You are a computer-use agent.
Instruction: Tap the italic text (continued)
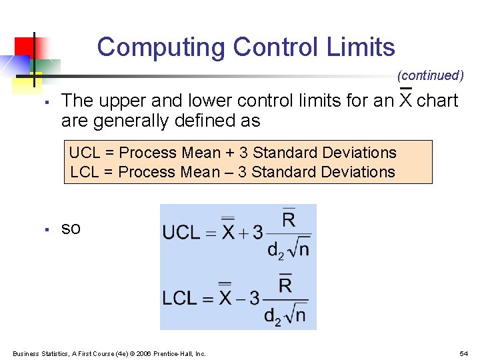(x=430, y=75)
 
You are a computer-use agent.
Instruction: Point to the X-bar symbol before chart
(x=405, y=100)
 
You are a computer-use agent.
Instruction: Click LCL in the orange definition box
(x=84, y=172)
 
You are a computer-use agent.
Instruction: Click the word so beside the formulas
(x=71, y=229)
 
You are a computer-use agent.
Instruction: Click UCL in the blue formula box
(x=181, y=233)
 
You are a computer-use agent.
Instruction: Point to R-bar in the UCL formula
(x=289, y=219)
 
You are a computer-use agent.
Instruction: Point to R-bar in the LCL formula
(x=285, y=285)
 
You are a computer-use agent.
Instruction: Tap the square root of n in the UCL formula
(x=298, y=249)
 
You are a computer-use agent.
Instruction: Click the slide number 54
(x=463, y=353)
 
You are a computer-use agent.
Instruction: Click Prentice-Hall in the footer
(x=175, y=353)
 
